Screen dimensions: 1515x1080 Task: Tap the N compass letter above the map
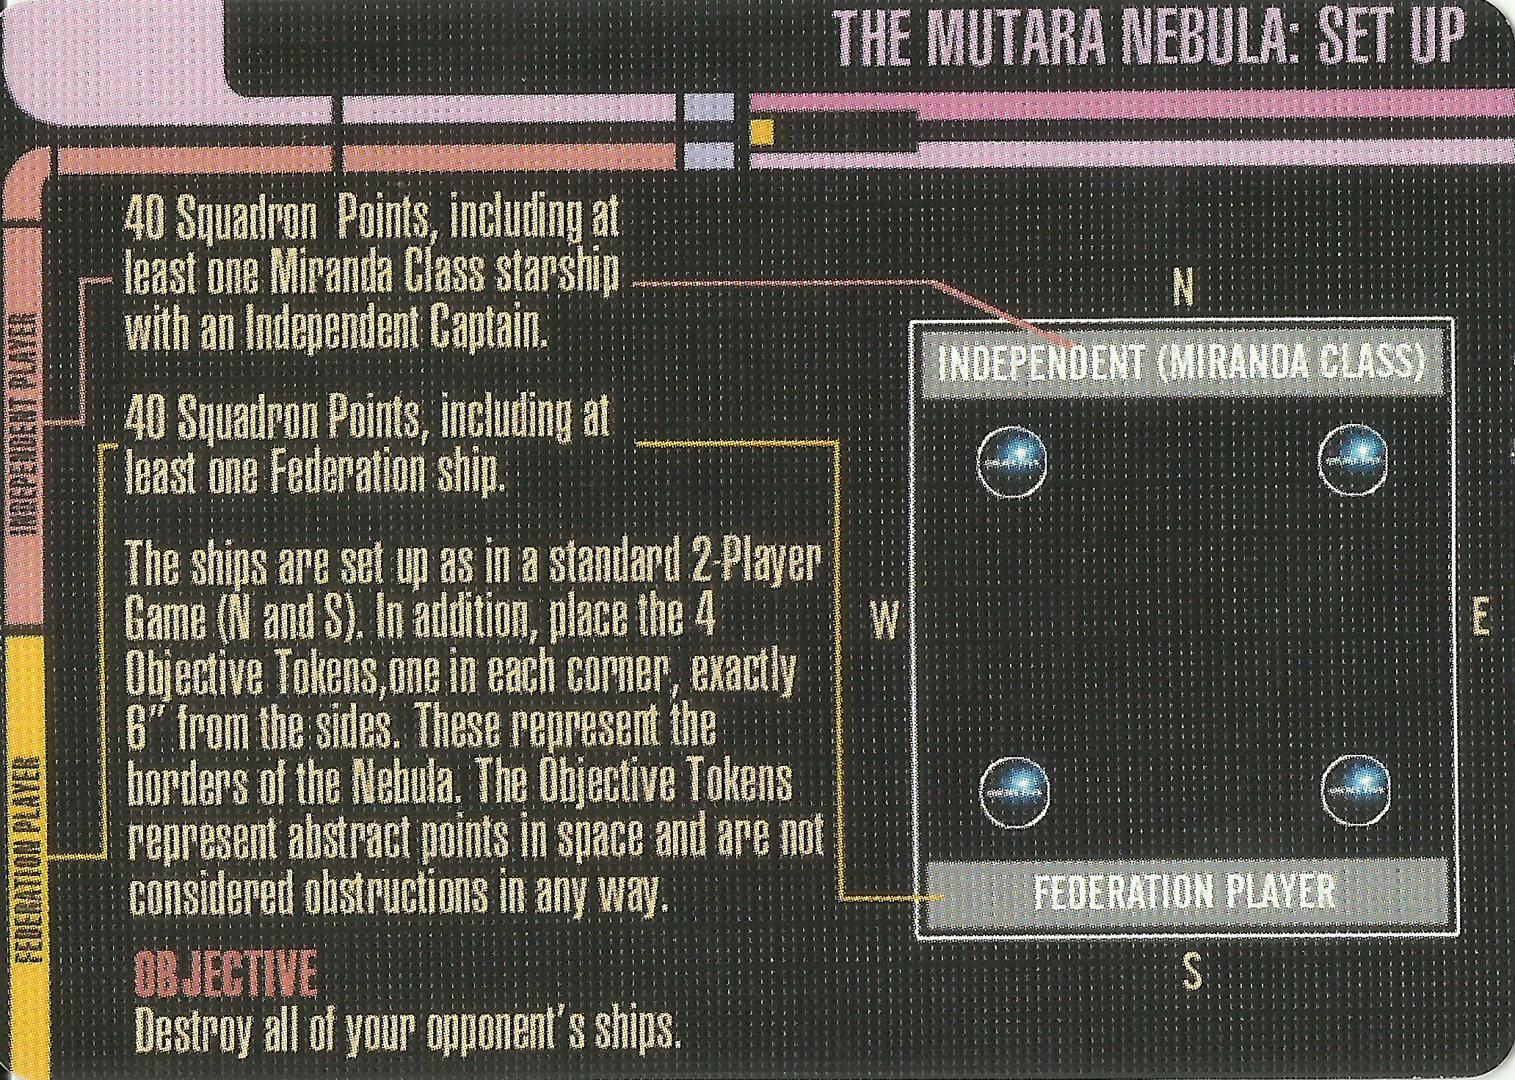pos(1182,291)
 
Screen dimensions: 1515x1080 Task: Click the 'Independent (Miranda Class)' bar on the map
pos(1182,364)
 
